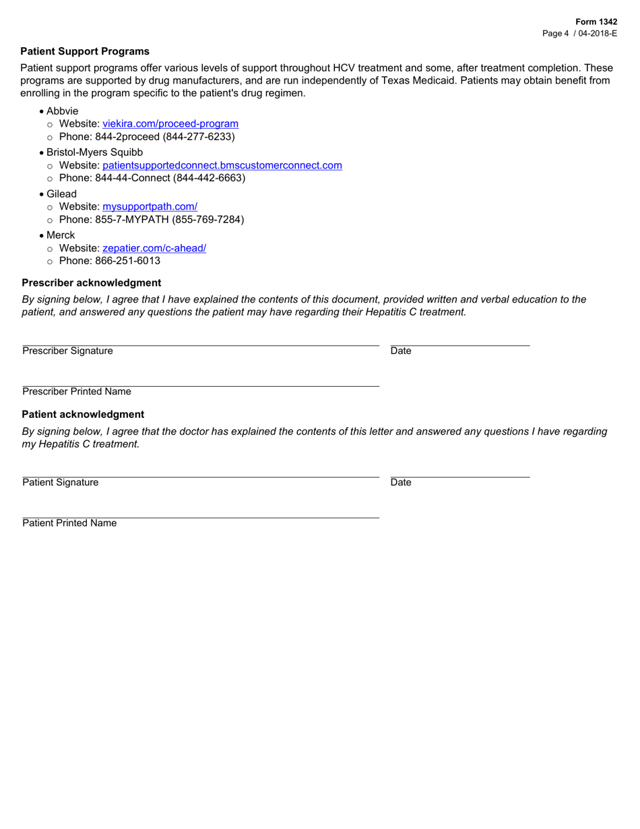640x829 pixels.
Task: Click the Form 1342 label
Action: pos(596,22)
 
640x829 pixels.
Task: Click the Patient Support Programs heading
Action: pos(85,51)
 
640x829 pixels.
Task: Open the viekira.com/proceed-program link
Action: pos(170,124)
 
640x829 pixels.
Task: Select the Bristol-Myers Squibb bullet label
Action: pos(94,152)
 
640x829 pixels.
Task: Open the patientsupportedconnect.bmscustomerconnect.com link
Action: pos(222,165)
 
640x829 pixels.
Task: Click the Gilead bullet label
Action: pos(61,194)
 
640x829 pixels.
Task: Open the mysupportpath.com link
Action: pos(150,207)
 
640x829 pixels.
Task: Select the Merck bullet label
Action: pos(61,235)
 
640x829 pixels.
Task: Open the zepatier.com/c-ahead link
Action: pos(154,248)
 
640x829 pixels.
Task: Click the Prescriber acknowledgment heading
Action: pos(92,282)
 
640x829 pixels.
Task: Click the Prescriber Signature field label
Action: pos(67,351)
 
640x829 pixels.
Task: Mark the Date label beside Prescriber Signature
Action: pos(401,351)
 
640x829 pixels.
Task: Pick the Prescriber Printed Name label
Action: pos(77,392)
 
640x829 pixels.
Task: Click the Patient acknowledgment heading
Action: pos(83,414)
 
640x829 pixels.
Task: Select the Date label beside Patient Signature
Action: pos(401,483)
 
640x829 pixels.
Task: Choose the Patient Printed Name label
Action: pos(69,523)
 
